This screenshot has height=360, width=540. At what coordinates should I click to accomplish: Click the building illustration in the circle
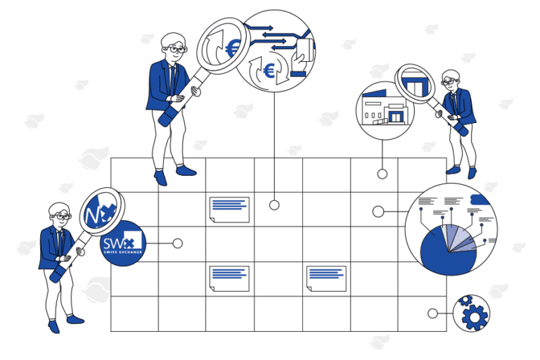(382, 109)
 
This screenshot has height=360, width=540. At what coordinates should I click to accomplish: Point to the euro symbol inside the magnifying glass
(232, 48)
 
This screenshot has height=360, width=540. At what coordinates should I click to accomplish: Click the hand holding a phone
(300, 54)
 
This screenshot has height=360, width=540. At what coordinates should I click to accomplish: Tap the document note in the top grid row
(229, 209)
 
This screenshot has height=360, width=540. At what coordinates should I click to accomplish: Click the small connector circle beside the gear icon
(432, 314)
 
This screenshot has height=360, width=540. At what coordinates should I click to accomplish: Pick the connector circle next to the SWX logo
(178, 243)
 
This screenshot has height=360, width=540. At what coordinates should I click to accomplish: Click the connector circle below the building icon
(382, 174)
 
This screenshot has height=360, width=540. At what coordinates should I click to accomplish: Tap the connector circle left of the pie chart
(378, 211)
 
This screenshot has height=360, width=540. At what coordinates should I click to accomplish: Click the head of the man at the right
(450, 79)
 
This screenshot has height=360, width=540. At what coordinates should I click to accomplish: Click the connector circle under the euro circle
(274, 205)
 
